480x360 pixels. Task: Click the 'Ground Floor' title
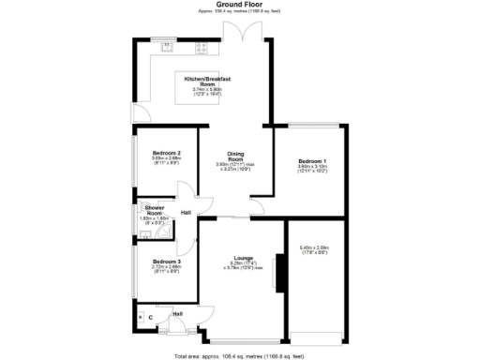(x=240, y=5)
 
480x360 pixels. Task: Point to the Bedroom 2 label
(x=165, y=153)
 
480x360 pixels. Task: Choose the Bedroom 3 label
(x=165, y=261)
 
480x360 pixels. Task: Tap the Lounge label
(x=243, y=257)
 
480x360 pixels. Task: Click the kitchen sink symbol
(x=168, y=45)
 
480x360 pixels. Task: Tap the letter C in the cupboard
(x=151, y=317)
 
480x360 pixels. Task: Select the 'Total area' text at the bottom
(x=240, y=356)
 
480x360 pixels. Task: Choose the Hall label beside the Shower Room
(x=186, y=213)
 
